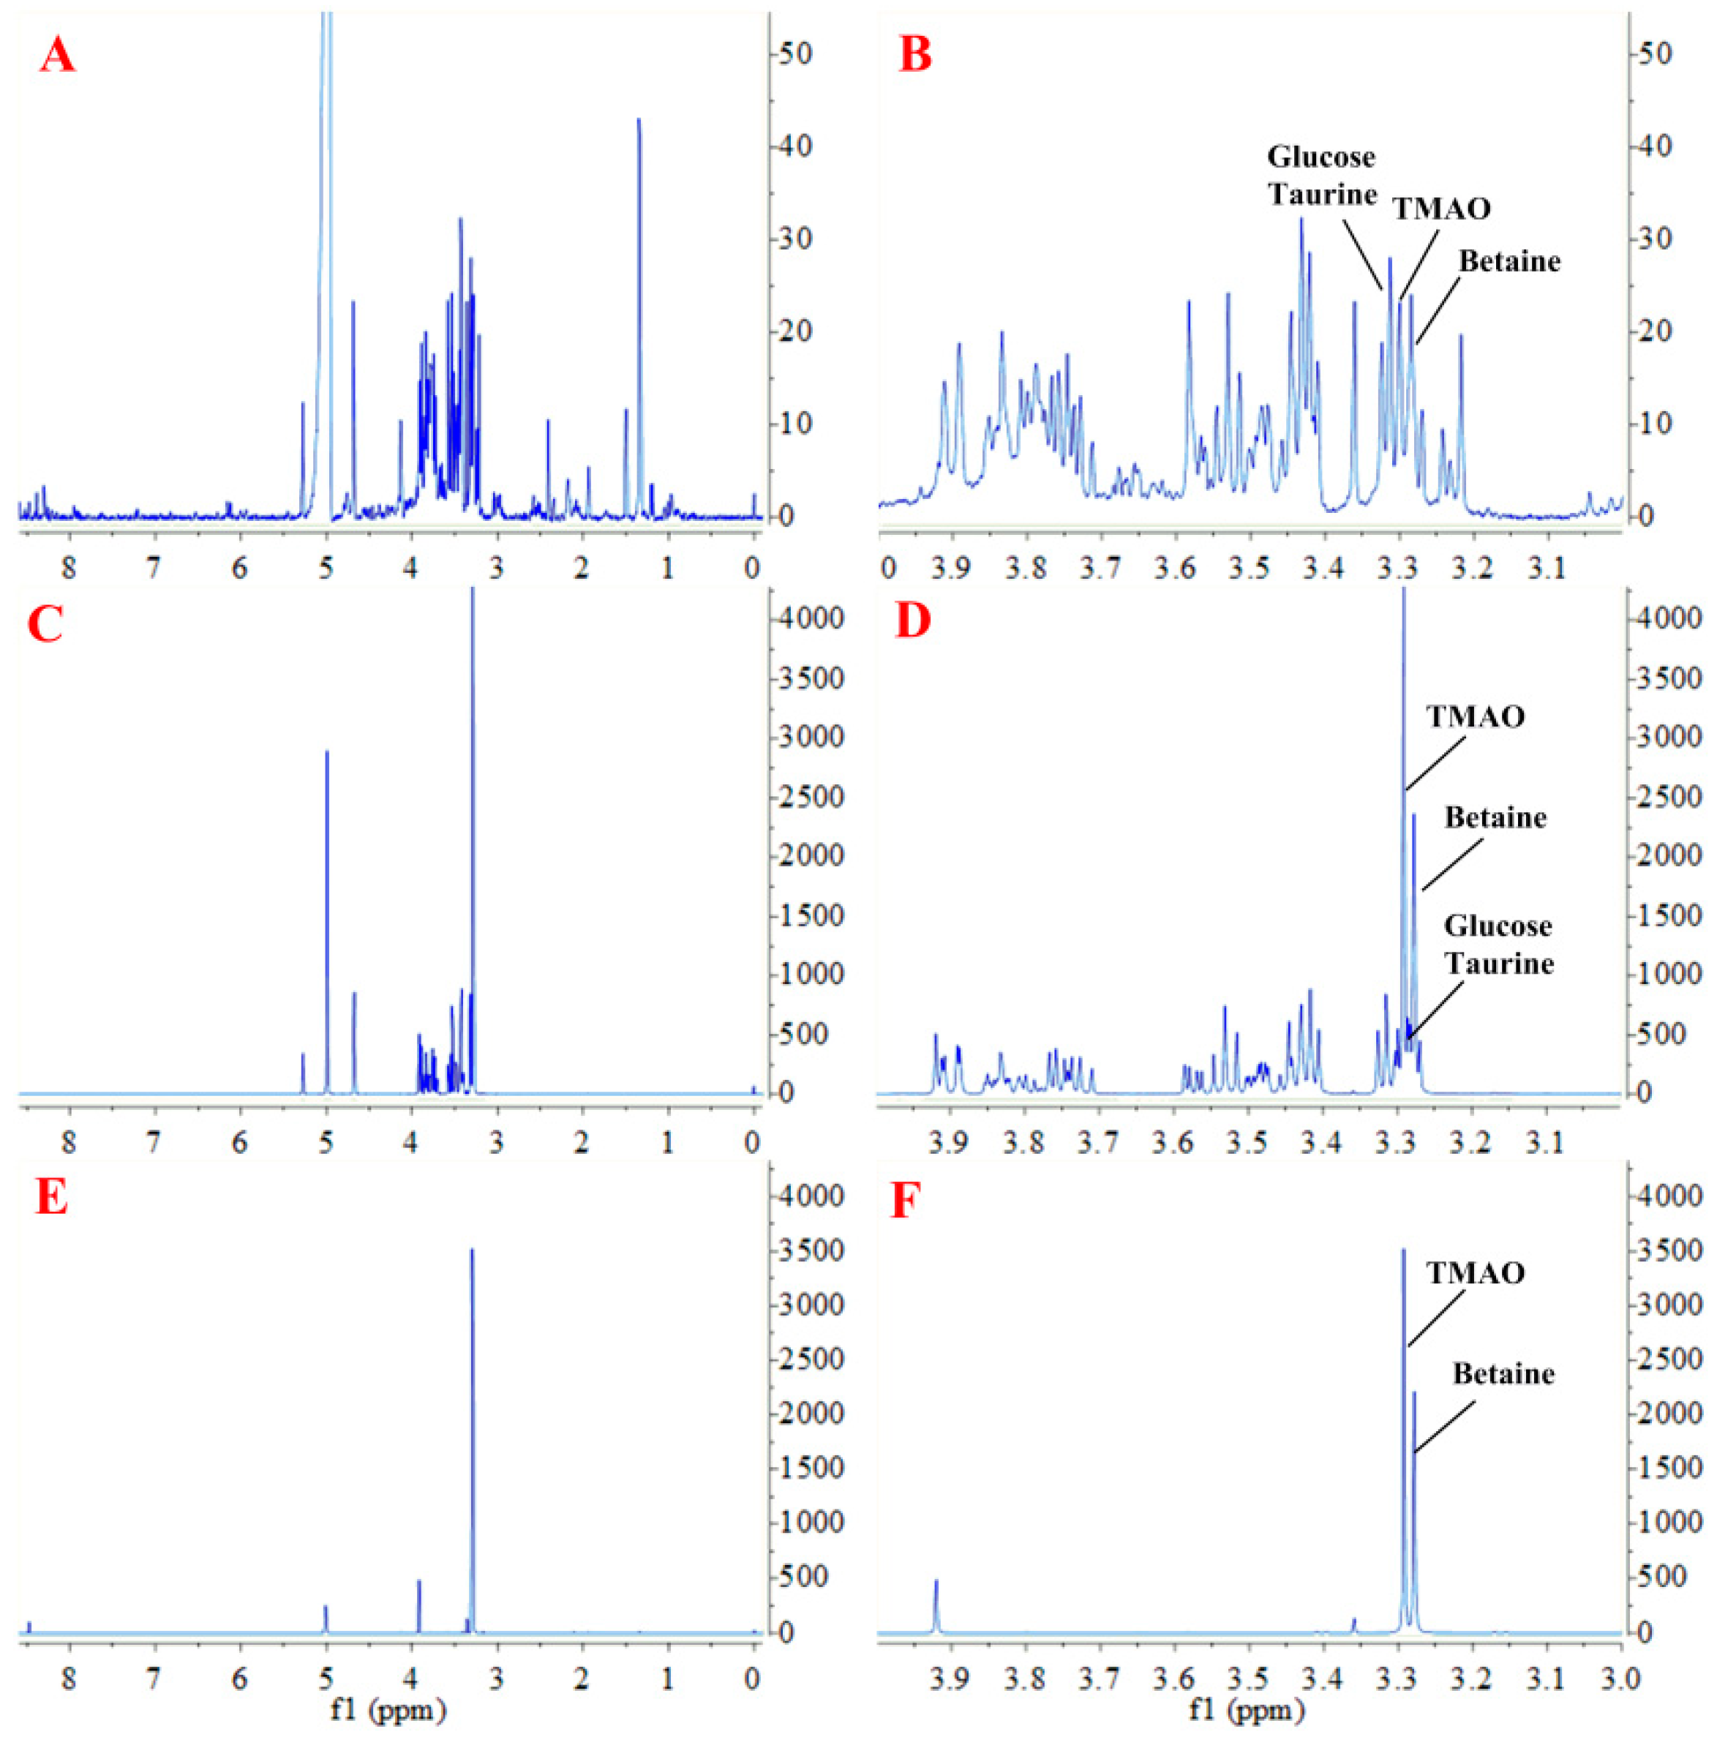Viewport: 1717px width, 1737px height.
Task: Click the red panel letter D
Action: coord(912,621)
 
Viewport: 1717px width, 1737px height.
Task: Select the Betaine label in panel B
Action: coord(1509,262)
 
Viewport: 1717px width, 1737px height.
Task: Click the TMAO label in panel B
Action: coord(1442,209)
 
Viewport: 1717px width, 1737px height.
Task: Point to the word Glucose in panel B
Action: coord(1320,157)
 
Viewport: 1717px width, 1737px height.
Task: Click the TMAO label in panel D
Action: coord(1476,716)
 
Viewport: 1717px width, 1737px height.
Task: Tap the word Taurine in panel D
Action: coord(1498,964)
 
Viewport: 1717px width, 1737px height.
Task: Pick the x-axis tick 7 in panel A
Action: coord(154,569)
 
